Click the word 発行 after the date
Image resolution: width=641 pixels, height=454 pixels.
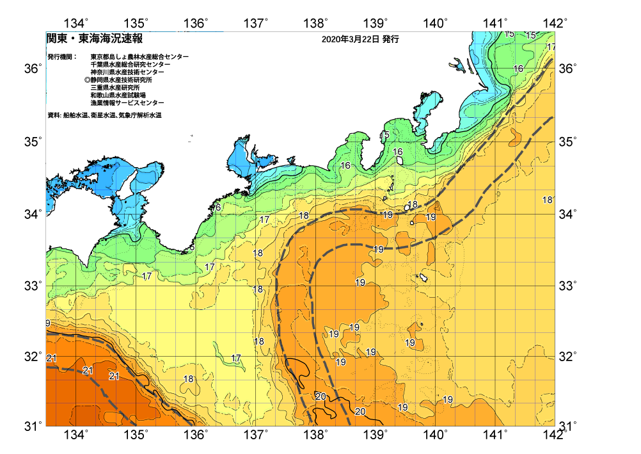click(x=391, y=40)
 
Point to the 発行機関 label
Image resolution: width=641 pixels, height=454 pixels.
click(x=61, y=57)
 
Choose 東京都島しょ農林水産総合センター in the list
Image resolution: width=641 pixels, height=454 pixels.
click(x=139, y=57)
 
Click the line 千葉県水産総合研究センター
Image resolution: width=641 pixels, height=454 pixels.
click(x=131, y=65)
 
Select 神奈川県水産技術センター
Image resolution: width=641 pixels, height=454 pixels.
click(x=127, y=72)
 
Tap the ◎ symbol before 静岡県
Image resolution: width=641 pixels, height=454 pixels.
click(x=87, y=80)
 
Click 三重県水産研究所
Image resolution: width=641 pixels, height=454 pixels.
click(x=115, y=88)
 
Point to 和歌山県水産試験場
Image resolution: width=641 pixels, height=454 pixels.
click(x=118, y=95)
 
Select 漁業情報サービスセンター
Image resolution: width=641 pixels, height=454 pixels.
click(x=127, y=103)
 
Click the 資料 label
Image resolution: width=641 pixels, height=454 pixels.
click(x=54, y=115)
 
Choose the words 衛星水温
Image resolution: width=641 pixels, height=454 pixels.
click(x=104, y=115)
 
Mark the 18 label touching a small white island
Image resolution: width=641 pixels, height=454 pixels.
click(x=413, y=205)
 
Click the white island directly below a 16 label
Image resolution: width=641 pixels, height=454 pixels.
click(x=399, y=161)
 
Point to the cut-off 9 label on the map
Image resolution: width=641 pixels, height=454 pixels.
click(x=48, y=323)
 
